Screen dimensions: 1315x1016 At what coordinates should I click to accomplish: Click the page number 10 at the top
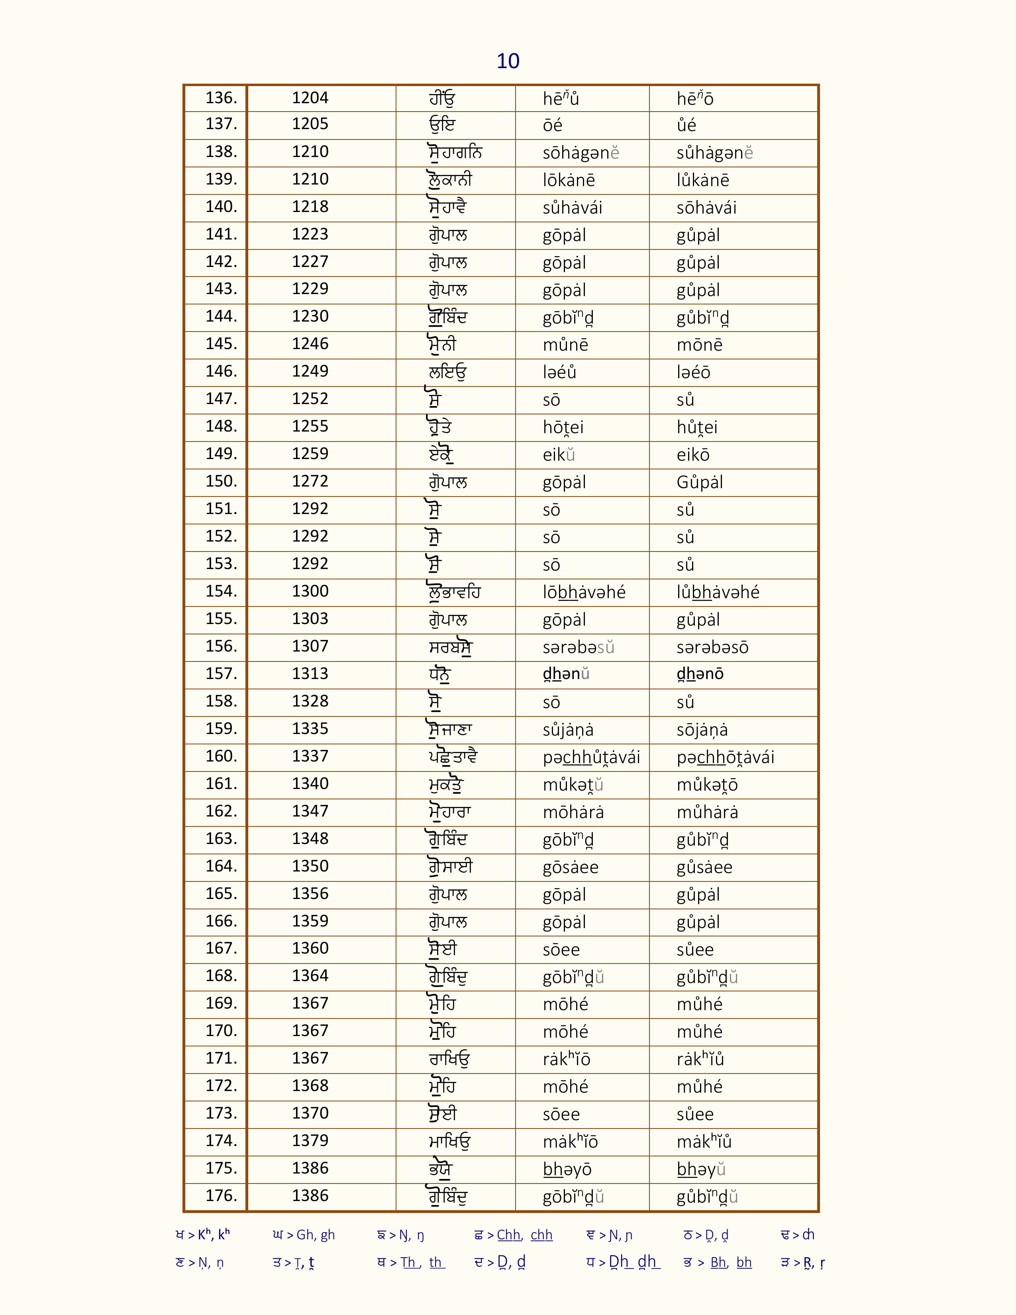coord(508,61)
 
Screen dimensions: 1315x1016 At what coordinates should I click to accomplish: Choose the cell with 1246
coord(310,344)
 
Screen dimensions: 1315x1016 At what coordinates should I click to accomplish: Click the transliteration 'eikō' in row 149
coord(693,455)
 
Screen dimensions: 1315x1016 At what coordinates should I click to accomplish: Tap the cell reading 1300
coord(310,591)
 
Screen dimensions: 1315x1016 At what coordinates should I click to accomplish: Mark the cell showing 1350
coord(310,866)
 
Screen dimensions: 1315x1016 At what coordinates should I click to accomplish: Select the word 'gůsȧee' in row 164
coord(704,868)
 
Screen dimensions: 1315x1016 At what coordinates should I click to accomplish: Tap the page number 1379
coord(310,1140)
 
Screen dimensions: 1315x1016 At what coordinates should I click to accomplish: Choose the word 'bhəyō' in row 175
coord(567,1169)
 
